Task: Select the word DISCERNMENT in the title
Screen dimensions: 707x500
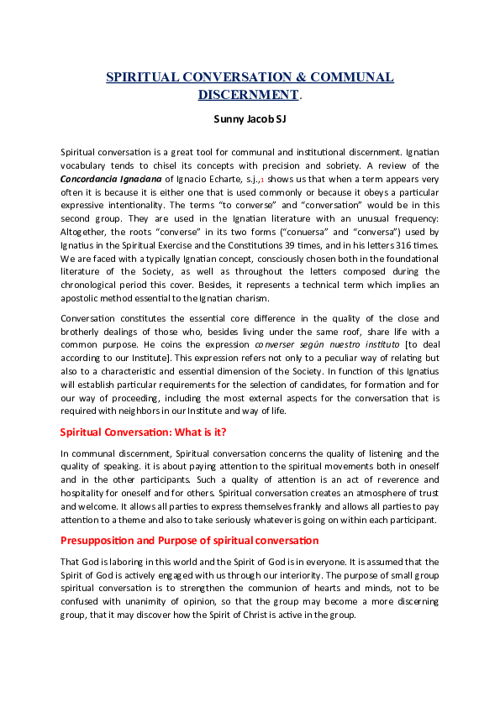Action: pos(249,95)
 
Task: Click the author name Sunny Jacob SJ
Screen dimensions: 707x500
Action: pos(250,119)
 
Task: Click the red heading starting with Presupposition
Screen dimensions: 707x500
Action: pos(189,539)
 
